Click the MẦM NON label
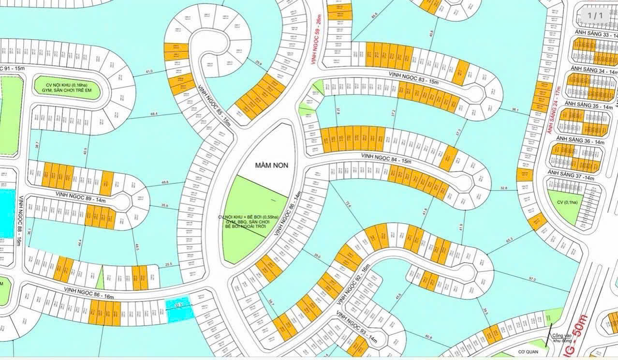(x=271, y=165)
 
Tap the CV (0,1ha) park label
(x=564, y=202)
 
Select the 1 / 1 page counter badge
(x=595, y=15)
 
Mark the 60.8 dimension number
(x=429, y=337)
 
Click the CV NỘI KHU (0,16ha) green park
(x=67, y=90)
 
